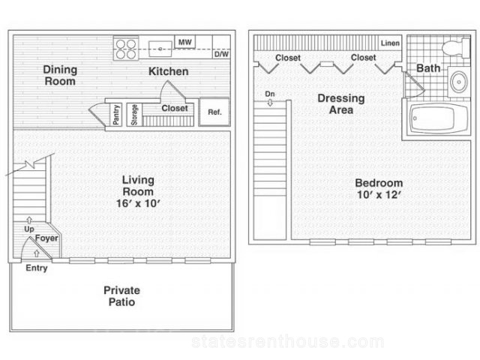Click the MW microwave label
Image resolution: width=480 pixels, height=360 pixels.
[185, 42]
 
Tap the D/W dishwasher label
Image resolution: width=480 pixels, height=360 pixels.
[221, 54]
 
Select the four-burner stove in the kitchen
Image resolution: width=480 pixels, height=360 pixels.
[126, 48]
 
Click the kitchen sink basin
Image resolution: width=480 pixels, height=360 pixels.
[160, 49]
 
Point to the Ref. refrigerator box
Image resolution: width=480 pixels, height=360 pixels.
[214, 112]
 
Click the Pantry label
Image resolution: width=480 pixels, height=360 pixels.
[116, 115]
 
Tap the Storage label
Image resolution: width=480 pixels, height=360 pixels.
[134, 115]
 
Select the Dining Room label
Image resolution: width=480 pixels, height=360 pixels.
[60, 75]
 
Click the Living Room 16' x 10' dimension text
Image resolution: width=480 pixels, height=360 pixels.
[138, 203]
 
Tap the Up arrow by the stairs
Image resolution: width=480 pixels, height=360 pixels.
[29, 220]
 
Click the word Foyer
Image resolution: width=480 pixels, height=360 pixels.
[46, 238]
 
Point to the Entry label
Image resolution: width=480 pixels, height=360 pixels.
[37, 268]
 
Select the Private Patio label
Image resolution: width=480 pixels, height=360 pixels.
[121, 296]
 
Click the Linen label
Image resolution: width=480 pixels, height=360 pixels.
[390, 43]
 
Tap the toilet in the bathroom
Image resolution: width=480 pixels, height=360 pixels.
[456, 47]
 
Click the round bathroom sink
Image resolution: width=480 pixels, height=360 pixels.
[459, 82]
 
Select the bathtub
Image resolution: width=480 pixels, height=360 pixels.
[438, 118]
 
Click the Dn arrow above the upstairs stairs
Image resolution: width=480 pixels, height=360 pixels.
[270, 103]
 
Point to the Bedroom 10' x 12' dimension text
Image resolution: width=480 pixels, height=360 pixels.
[379, 195]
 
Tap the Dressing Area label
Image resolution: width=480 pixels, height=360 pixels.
[341, 104]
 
